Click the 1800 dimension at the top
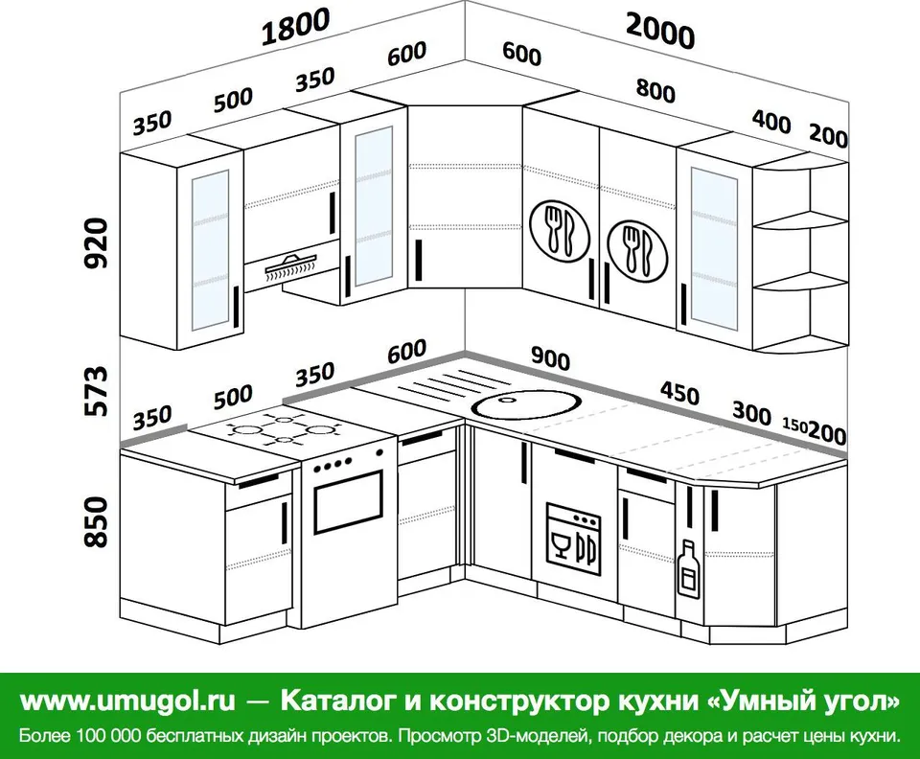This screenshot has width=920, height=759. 295,28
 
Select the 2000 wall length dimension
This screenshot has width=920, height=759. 660,31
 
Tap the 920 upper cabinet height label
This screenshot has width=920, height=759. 97,242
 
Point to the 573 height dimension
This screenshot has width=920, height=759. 97,391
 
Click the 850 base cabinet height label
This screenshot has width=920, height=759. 97,522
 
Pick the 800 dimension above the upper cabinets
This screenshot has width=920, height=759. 655,90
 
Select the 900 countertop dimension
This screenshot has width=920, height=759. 550,357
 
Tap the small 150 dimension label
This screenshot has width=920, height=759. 795,425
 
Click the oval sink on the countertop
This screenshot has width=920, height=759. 527,404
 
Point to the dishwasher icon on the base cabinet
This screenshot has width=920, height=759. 573,538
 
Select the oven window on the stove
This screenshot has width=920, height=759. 347,501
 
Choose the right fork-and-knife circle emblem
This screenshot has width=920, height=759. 637,250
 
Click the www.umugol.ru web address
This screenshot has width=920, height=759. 127,701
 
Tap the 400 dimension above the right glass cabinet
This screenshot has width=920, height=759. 770,122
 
